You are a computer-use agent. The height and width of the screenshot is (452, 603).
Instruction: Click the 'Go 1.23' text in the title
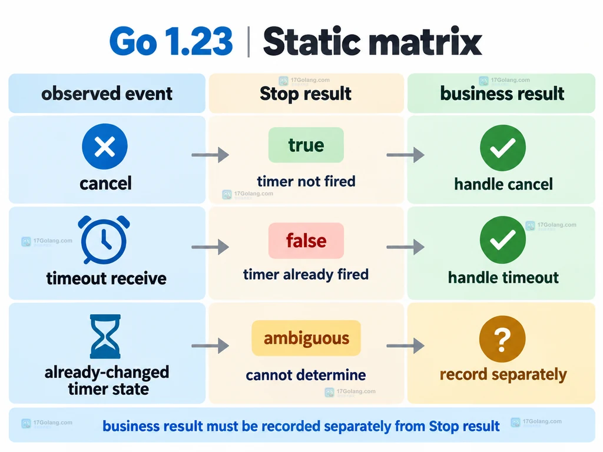[x=171, y=42]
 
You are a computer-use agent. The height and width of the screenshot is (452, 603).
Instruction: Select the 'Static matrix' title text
[x=372, y=42]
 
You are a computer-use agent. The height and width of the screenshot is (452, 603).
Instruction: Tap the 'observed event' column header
[x=107, y=94]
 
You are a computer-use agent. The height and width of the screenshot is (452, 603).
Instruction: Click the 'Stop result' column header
[x=306, y=94]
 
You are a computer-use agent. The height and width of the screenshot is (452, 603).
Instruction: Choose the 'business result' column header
[x=502, y=94]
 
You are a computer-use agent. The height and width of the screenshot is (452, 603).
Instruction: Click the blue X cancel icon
[x=105, y=146]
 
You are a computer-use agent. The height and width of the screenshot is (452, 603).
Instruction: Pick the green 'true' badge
[x=306, y=145]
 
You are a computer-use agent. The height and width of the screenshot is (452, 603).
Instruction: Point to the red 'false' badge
[x=306, y=241]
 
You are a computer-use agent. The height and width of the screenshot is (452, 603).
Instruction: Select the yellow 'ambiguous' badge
[x=306, y=338]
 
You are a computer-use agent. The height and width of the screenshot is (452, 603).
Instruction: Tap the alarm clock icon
[x=104, y=240]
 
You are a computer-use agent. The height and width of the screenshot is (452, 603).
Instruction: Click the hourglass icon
[x=105, y=336]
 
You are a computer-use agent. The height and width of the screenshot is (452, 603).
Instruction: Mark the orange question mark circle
[x=502, y=338]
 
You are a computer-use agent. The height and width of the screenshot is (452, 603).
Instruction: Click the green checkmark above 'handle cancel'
[x=503, y=148]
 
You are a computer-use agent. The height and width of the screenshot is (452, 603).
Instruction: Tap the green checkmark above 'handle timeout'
[x=503, y=240]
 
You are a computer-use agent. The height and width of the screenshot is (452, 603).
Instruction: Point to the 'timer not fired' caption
[x=306, y=181]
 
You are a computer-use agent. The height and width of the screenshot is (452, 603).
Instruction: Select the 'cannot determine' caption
[x=306, y=375]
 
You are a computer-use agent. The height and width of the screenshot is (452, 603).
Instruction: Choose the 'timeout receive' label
[x=107, y=278]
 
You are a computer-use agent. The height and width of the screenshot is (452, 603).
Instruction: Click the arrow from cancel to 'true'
[x=210, y=155]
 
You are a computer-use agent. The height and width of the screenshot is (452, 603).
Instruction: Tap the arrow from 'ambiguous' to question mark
[x=405, y=345]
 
